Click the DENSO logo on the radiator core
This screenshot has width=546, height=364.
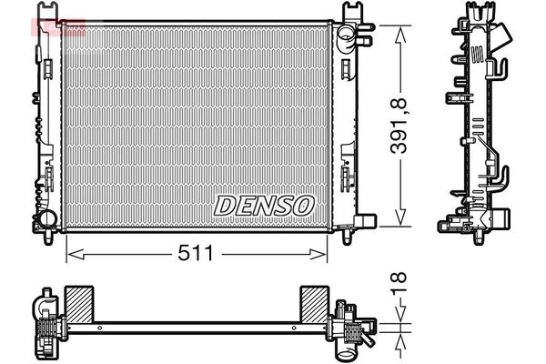(x=264, y=206)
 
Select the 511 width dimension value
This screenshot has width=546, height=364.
(x=196, y=253)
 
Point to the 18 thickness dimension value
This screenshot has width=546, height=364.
(x=399, y=283)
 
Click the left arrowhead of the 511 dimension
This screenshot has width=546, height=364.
(x=75, y=254)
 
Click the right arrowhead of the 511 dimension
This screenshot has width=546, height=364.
(x=318, y=254)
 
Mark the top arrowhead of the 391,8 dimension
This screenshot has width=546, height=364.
(x=400, y=35)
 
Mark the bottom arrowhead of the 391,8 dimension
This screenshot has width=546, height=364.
(x=400, y=217)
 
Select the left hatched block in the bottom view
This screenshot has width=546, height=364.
(x=79, y=305)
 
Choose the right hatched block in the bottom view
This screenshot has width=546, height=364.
(x=315, y=305)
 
